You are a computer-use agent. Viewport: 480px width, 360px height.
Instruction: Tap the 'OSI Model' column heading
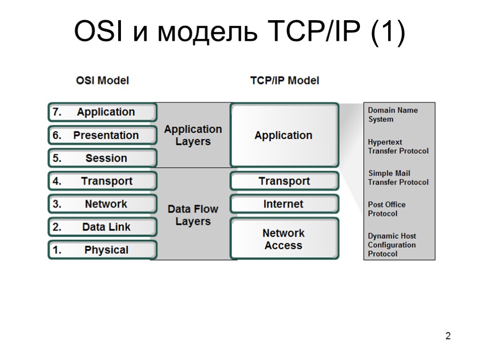point(102,81)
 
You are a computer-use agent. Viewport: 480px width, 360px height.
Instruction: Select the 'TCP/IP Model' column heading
point(285,81)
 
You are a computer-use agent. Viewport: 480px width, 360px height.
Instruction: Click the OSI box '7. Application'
point(102,112)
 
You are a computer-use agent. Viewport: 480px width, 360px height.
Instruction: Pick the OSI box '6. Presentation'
point(102,135)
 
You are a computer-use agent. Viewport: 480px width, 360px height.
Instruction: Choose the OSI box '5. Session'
point(102,158)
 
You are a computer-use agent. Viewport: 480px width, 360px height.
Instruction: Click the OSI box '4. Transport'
point(102,181)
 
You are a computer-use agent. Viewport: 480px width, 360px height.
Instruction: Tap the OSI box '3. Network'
point(102,204)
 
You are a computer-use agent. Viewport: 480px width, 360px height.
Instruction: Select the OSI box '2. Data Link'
point(102,227)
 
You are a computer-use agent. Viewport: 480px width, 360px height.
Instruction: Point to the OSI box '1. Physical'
point(102,250)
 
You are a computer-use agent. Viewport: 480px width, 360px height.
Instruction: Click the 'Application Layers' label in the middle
point(193,135)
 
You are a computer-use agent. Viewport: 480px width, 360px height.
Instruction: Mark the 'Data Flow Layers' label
point(193,215)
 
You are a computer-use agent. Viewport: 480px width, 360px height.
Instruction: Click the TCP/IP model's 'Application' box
point(284,135)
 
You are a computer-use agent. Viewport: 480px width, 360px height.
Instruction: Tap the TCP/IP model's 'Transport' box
point(284,181)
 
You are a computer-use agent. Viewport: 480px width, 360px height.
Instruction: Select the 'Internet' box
point(284,204)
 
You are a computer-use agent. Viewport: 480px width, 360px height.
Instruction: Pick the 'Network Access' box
point(284,239)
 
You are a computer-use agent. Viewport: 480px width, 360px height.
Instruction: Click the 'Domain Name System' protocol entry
point(392,115)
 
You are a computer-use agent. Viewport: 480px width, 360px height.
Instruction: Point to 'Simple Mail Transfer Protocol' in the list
point(398,178)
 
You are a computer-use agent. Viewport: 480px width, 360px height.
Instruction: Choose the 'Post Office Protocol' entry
point(387,209)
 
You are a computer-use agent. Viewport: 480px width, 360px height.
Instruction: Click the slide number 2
point(448,336)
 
